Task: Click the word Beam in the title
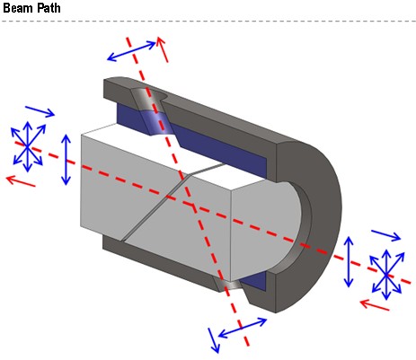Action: [x=16, y=7]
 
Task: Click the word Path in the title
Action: [x=47, y=7]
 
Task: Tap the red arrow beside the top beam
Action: [x=162, y=49]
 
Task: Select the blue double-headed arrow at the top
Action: [x=131, y=51]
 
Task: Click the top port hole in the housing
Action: [x=150, y=95]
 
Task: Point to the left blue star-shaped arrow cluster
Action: [x=28, y=146]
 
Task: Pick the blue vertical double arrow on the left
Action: [x=66, y=160]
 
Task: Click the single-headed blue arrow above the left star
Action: [x=40, y=111]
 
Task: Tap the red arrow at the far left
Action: [x=21, y=181]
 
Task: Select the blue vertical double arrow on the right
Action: [x=349, y=262]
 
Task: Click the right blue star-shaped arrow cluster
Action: [x=386, y=275]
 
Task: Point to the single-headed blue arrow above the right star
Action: [x=385, y=235]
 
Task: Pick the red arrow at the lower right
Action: [x=375, y=305]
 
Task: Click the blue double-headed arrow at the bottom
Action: [x=243, y=328]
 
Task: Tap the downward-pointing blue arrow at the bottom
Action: [x=214, y=340]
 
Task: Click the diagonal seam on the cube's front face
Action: [x=156, y=207]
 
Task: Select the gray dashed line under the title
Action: [x=208, y=22]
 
